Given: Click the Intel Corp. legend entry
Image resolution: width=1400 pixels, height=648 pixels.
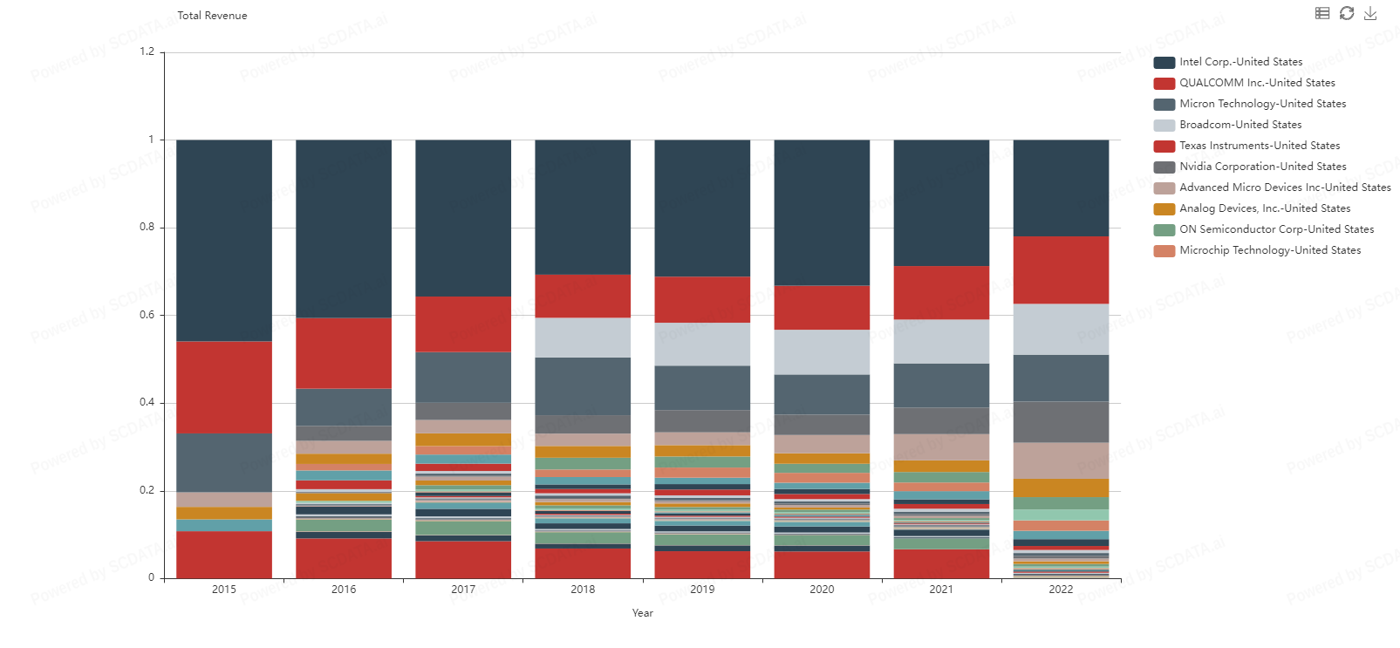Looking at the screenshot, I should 1240,62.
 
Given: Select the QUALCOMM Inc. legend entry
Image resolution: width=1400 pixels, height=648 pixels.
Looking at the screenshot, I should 1256,83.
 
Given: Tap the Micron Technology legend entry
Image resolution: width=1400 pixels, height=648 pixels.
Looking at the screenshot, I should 1261,104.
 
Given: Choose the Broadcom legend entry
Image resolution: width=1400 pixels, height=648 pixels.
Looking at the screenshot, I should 1240,125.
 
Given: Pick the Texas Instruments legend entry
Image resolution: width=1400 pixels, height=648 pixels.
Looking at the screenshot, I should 1259,146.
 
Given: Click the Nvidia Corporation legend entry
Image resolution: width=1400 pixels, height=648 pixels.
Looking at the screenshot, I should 1262,167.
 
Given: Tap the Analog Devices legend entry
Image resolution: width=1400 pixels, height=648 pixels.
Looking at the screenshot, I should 1264,208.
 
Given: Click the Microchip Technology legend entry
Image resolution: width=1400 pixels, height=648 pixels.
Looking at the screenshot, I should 1269,250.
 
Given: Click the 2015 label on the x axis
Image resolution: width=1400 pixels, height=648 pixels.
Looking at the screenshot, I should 224,590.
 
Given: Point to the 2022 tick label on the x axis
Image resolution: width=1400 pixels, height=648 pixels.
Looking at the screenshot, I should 1061,590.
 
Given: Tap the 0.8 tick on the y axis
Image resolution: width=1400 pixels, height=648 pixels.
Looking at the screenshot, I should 147,227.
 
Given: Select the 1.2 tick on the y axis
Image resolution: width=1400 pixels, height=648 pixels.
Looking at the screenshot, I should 147,51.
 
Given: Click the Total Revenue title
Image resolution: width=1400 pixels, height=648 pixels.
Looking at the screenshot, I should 212,16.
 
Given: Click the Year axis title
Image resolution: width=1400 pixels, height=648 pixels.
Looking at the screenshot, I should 643,613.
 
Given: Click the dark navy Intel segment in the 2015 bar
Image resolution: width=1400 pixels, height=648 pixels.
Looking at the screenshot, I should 224,240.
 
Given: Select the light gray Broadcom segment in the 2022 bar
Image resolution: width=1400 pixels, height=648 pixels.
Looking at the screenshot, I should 1061,329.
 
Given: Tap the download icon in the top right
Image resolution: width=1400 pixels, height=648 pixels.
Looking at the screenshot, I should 1370,13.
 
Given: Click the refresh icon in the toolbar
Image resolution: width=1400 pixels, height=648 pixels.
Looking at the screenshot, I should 1347,13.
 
